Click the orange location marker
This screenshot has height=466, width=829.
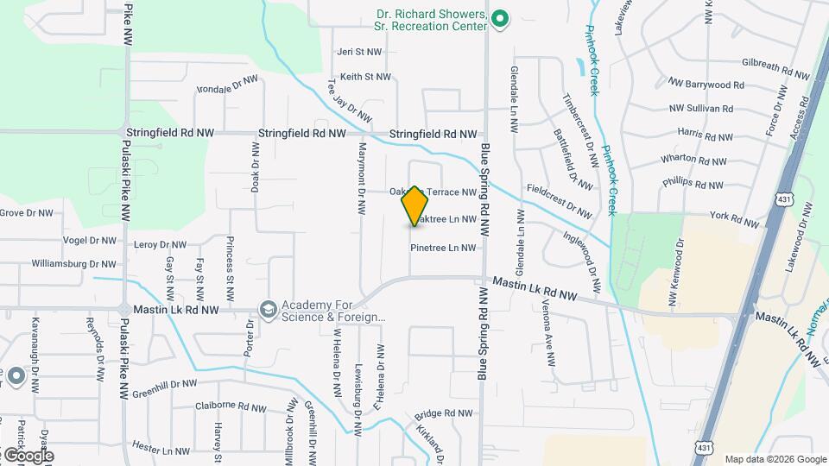click(x=414, y=205)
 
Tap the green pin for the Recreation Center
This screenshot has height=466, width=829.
click(x=498, y=17)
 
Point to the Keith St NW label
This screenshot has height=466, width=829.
click(x=365, y=77)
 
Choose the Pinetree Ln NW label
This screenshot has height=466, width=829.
click(x=443, y=248)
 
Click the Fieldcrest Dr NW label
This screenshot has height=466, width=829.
click(x=559, y=203)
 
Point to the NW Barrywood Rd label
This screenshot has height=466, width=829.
click(x=706, y=85)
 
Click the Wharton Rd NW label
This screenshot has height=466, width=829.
click(x=693, y=160)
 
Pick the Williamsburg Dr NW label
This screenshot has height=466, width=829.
click(x=73, y=264)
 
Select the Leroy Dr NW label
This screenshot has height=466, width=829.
click(x=161, y=245)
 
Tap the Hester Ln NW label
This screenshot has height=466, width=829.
click(x=161, y=450)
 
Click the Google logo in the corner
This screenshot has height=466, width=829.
click(x=28, y=456)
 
